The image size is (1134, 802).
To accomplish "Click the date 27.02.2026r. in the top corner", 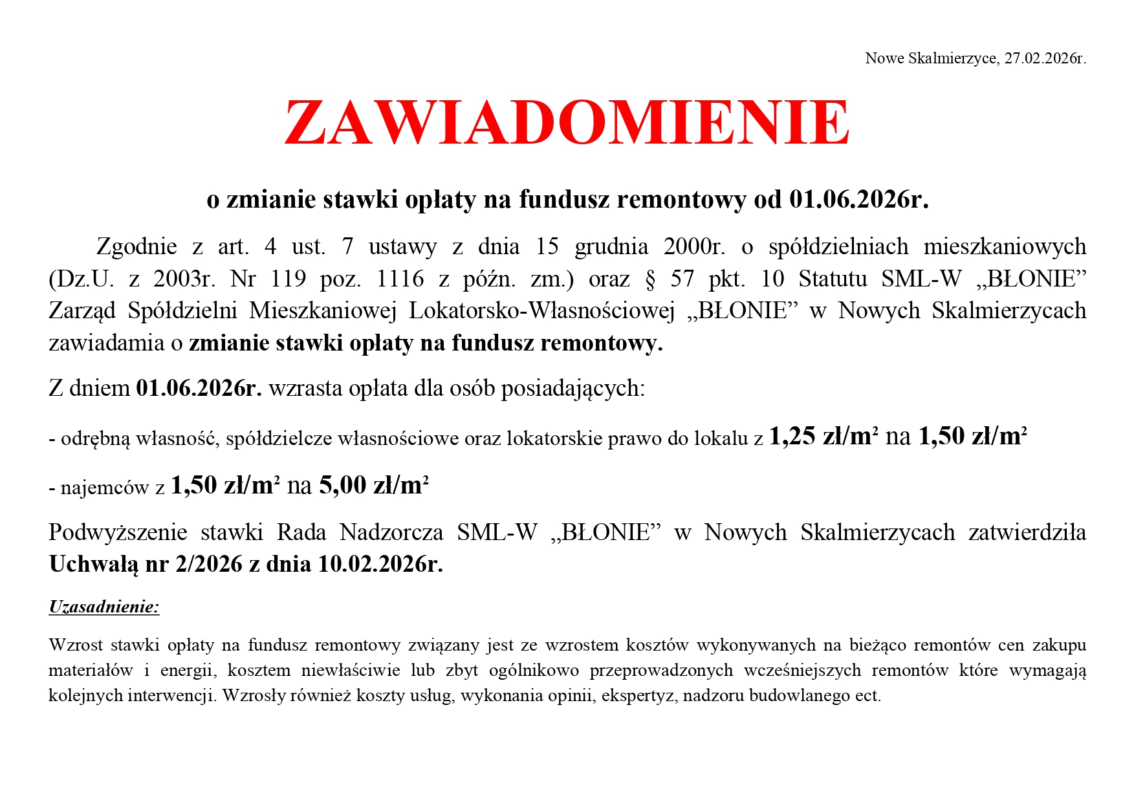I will pyautogui.click(x=1045, y=59).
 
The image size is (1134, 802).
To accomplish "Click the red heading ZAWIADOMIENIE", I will pyautogui.click(x=567, y=122).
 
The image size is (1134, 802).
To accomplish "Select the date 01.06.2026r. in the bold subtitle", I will pyautogui.click(x=858, y=199).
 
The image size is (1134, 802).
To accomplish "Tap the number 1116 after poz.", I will pyautogui.click(x=400, y=279).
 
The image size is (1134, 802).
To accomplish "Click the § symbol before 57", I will pyautogui.click(x=650, y=279).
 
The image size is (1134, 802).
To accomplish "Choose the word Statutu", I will pyautogui.click(x=833, y=279).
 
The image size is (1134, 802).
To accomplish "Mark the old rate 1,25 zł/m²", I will pyautogui.click(x=823, y=437).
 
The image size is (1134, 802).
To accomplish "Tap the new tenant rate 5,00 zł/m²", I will pyautogui.click(x=374, y=485).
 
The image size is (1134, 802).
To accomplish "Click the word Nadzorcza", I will pyautogui.click(x=391, y=532).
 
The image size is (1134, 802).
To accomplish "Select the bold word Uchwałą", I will pyautogui.click(x=94, y=565).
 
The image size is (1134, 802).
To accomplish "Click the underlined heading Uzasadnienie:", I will pyautogui.click(x=104, y=607).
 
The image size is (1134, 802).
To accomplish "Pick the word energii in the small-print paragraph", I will pyautogui.click(x=188, y=671).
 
